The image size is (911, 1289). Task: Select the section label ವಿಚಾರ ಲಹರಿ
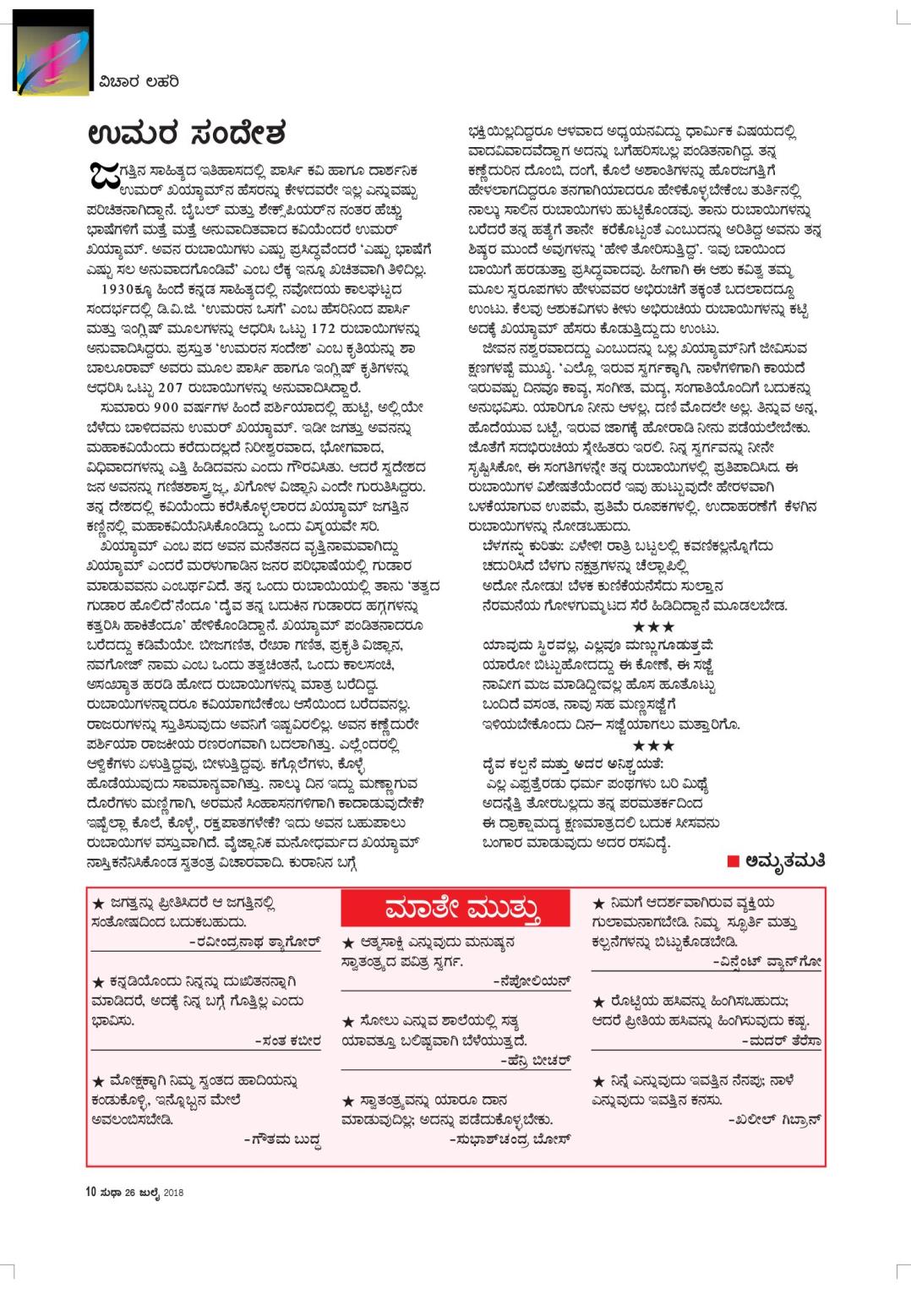pos(136,81)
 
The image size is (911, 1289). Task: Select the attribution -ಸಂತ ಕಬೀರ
pos(288,1040)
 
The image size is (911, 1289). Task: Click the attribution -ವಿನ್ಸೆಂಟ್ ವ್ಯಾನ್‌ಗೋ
pos(767,961)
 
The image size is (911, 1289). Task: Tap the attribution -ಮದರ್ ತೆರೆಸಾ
pos(782,1040)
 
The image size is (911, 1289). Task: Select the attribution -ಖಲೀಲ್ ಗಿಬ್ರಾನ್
pos(775,1119)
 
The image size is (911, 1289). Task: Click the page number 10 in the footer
pos(89,1192)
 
